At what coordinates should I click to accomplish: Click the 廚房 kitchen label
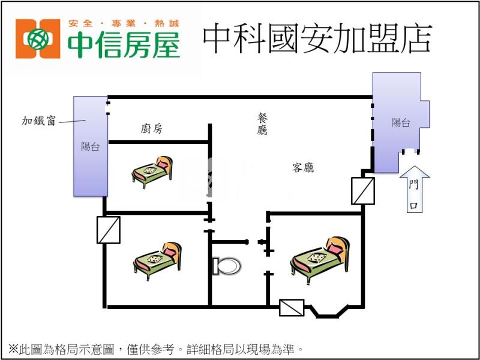pyautogui.click(x=151, y=128)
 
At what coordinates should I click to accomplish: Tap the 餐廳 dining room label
pyautogui.click(x=262, y=124)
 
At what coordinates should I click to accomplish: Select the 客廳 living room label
pyautogui.click(x=303, y=167)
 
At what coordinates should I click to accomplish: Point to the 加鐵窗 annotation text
pyautogui.click(x=39, y=121)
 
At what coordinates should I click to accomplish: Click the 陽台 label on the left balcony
pyautogui.click(x=91, y=146)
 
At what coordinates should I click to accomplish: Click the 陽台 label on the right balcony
pyautogui.click(x=401, y=123)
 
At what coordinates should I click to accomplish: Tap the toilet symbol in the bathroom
pyautogui.click(x=226, y=265)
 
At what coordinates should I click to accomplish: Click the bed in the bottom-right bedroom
pyautogui.click(x=320, y=259)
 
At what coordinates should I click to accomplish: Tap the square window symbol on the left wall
pyautogui.click(x=109, y=230)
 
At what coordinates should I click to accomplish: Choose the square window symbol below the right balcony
pyautogui.click(x=363, y=191)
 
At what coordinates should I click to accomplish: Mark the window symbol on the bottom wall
pyautogui.click(x=292, y=308)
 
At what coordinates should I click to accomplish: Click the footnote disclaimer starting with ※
pyautogui.click(x=156, y=348)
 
